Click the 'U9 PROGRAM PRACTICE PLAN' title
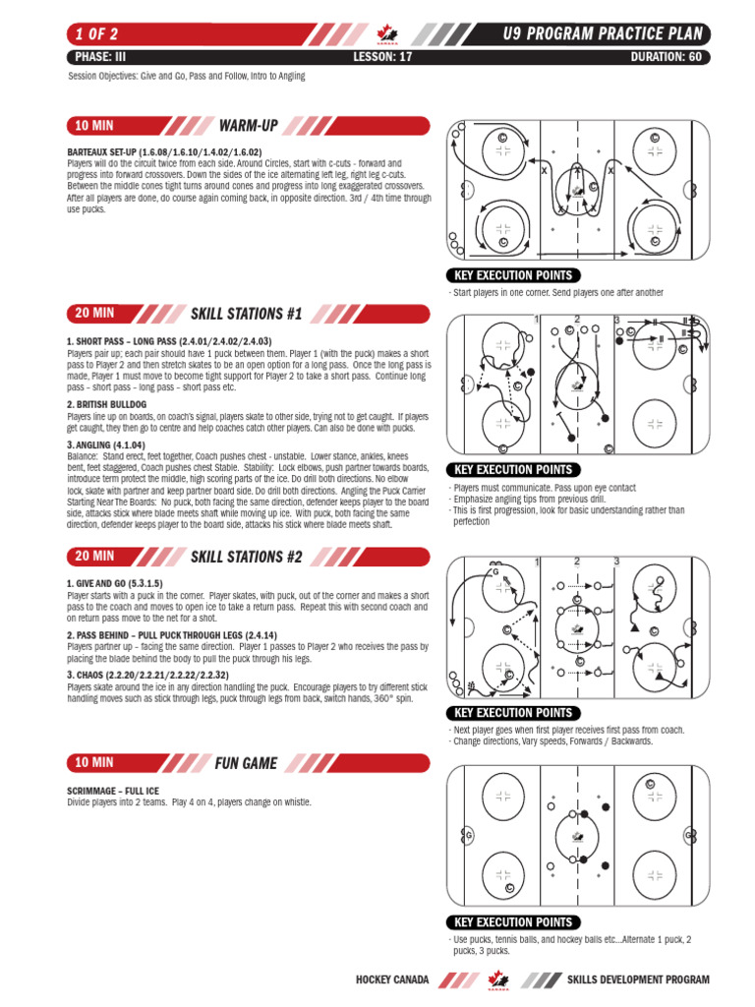coord(601,35)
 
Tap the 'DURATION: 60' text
coord(666,57)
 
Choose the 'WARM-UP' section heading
coord(249,126)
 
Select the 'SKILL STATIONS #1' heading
coord(246,315)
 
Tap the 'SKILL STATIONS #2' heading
coord(246,557)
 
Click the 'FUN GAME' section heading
coord(246,763)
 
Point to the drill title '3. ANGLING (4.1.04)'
coord(111,444)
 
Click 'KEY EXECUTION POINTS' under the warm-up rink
coord(511,275)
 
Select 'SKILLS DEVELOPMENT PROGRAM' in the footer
coord(637,980)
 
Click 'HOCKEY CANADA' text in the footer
coord(392,980)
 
